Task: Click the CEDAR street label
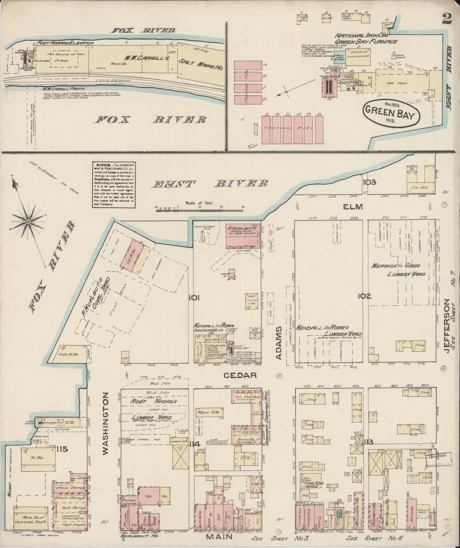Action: tap(244, 375)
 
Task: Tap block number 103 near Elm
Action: tap(369, 182)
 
